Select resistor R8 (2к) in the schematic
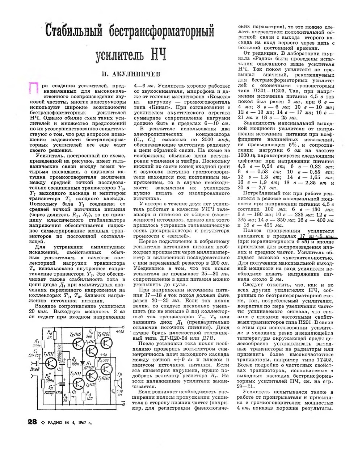pos(55,335)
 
